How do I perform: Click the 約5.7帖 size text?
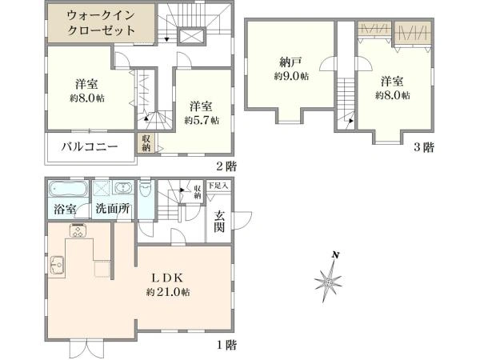[x=201, y=121]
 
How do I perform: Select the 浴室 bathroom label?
[x=66, y=210]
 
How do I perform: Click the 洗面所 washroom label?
[x=111, y=210]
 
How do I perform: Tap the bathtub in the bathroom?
[x=69, y=190]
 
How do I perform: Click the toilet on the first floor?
[x=144, y=194]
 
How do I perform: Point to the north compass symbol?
[x=329, y=280]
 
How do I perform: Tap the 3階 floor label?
[x=424, y=147]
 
